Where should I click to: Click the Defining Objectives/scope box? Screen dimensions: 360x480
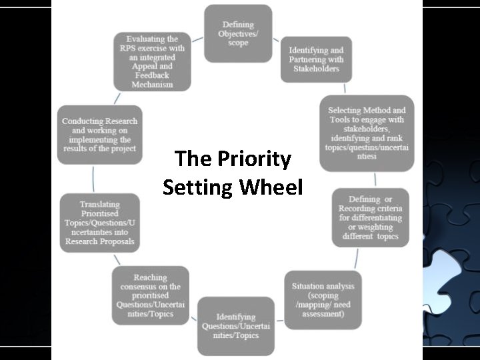click(238, 33)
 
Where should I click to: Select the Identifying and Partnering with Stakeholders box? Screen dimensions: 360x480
click(315, 59)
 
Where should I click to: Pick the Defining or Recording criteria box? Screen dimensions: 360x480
click(372, 217)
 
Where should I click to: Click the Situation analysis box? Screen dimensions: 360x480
click(323, 300)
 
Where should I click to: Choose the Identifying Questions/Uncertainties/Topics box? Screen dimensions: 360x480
click(235, 325)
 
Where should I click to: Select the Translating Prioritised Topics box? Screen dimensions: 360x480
click(99, 223)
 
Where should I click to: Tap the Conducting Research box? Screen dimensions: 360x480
click(99, 135)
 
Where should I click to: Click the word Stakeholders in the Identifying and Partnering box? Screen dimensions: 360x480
click(316, 69)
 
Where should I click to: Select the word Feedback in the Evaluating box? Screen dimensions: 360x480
click(153, 76)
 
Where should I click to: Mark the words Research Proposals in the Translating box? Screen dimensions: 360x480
click(99, 241)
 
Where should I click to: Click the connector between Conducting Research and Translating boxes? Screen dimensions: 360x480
click(93, 179)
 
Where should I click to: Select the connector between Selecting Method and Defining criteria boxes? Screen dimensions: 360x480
click(375, 179)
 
